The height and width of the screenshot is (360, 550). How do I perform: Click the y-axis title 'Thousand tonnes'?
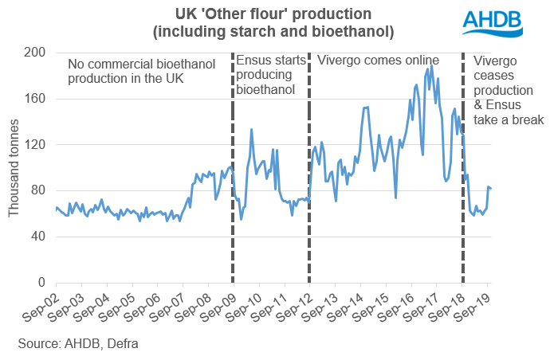point(14,167)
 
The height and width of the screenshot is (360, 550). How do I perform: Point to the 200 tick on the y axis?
point(36,53)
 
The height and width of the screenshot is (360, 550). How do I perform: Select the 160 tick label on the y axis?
point(36,99)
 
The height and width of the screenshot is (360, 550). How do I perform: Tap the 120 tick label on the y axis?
point(36,145)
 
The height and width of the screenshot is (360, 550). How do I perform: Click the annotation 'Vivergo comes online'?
point(379,61)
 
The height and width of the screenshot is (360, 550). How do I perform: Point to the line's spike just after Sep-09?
point(252,129)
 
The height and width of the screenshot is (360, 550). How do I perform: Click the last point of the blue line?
point(491,189)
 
